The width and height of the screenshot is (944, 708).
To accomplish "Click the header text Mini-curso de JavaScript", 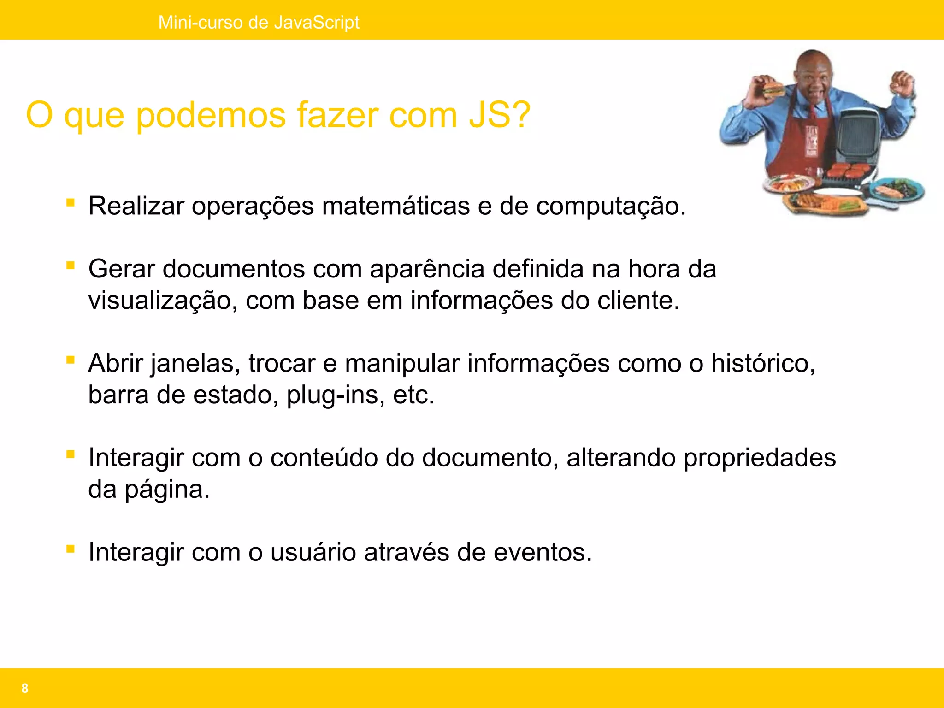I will [x=259, y=22].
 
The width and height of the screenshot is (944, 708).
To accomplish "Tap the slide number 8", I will [x=25, y=688].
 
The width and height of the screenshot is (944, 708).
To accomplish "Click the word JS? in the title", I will [x=500, y=115].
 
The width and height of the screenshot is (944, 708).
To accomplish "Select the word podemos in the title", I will [x=211, y=115].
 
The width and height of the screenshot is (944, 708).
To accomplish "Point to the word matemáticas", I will [x=395, y=206].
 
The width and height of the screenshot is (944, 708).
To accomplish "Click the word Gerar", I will [x=121, y=269].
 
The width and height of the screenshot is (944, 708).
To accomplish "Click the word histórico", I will [x=763, y=363].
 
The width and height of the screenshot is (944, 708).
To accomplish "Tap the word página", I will [x=167, y=490].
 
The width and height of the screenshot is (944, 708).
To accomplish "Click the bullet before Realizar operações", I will [x=71, y=203].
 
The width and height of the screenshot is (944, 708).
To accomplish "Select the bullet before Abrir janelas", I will [x=71, y=360].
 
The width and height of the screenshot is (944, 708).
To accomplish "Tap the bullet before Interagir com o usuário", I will [x=71, y=549].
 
